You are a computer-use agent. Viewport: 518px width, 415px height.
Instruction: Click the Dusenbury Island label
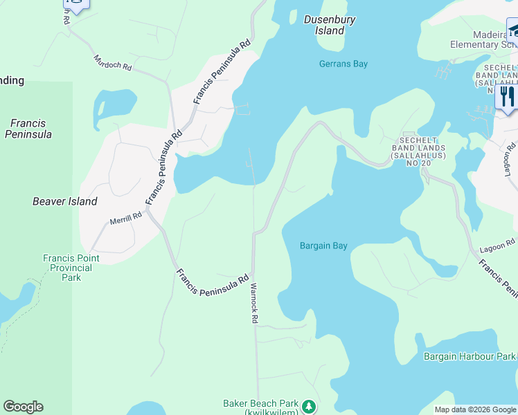point(330,25)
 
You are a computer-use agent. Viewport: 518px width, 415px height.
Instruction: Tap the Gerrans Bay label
point(343,64)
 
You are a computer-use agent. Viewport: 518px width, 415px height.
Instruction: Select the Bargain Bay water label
point(323,246)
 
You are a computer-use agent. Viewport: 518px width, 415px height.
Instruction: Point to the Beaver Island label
point(65,201)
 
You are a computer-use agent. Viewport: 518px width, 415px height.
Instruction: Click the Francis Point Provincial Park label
point(71,268)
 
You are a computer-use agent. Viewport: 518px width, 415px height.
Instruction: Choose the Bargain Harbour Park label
point(470,356)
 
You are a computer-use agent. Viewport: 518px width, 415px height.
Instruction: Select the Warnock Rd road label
point(254,303)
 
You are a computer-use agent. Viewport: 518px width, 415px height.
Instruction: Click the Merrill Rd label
point(125,219)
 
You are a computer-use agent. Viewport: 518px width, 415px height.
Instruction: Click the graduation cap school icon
point(513,30)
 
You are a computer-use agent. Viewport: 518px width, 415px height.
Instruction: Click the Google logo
point(23,407)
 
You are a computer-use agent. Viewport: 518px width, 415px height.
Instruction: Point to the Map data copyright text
point(476,409)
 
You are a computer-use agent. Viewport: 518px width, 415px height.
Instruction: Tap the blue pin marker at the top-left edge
point(75,6)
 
